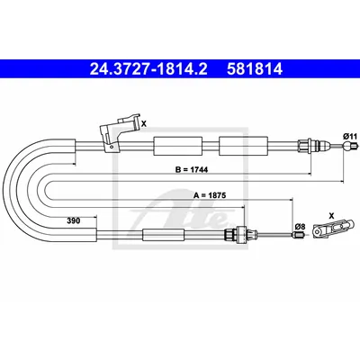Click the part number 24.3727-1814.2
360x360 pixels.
pos(148,69)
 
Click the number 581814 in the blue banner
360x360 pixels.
pos(255,69)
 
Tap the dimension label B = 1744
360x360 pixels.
pos(192,170)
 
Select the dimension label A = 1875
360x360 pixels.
pos(210,195)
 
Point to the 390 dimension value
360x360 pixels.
pos(74,221)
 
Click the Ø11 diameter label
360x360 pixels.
pos(350,136)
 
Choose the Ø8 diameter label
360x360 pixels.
pos(300,227)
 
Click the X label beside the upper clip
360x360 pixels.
pos(144,123)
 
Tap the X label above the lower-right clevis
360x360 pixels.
pos(331,215)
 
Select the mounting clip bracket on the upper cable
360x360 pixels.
pos(120,131)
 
